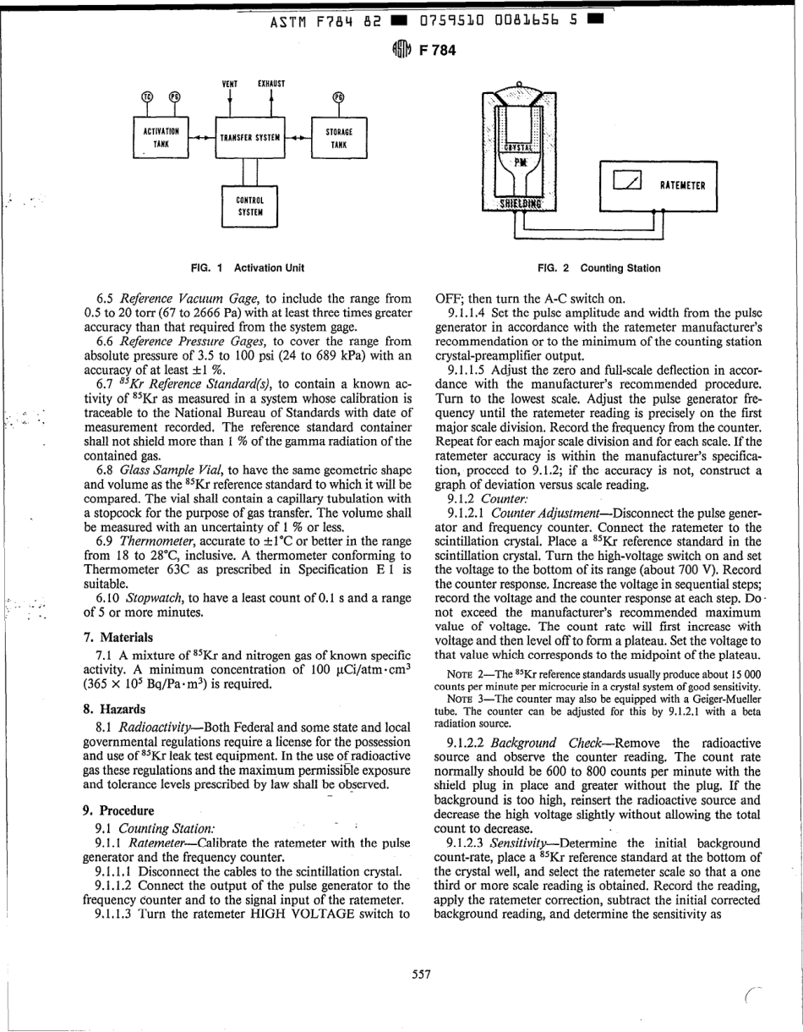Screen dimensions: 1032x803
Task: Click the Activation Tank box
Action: tap(161, 137)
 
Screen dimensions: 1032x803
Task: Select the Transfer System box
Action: tap(251, 137)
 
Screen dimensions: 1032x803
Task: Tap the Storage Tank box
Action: tap(338, 137)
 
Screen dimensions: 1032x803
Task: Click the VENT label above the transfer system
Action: tap(229, 84)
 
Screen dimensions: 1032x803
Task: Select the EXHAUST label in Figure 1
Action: tap(270, 84)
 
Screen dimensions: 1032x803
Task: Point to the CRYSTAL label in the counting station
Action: tap(519, 147)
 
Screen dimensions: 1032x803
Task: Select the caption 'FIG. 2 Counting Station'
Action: tap(598, 268)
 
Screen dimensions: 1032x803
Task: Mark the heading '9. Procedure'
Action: tap(117, 810)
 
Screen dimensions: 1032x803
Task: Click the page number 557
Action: tap(421, 974)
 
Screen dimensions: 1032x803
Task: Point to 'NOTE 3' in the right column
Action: tap(465, 705)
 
